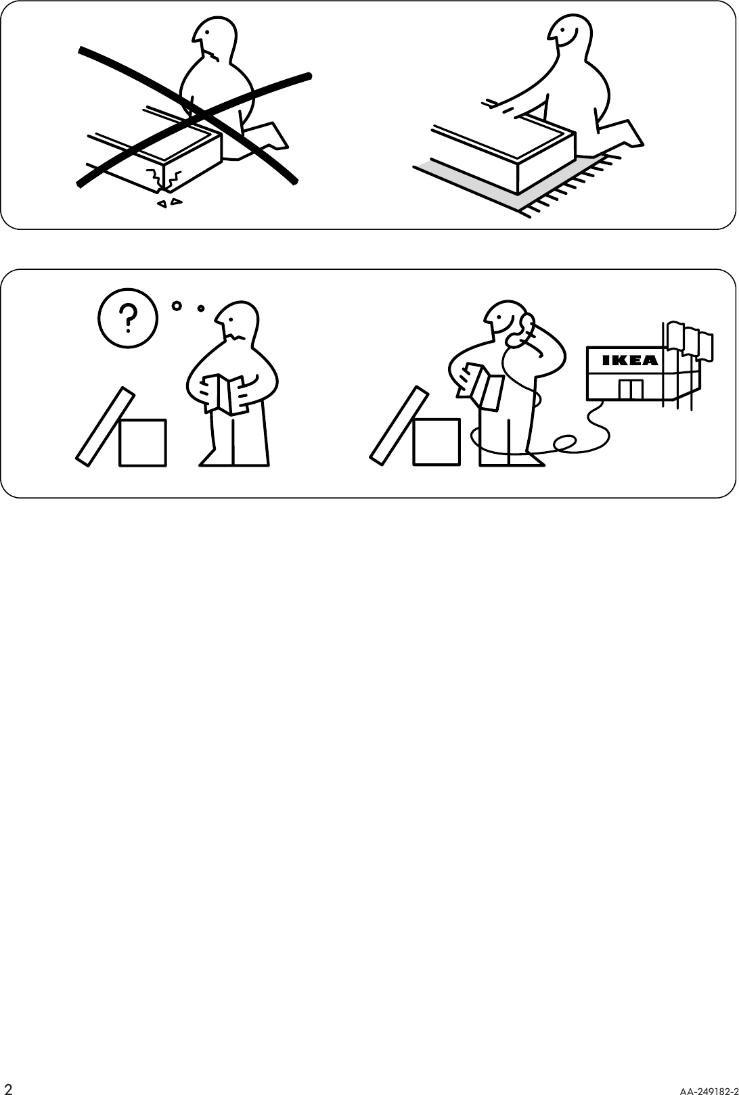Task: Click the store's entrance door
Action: pos(630,390)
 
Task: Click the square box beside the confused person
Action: pos(143,442)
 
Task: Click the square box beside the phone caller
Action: pos(436,442)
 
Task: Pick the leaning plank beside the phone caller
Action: pos(398,425)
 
